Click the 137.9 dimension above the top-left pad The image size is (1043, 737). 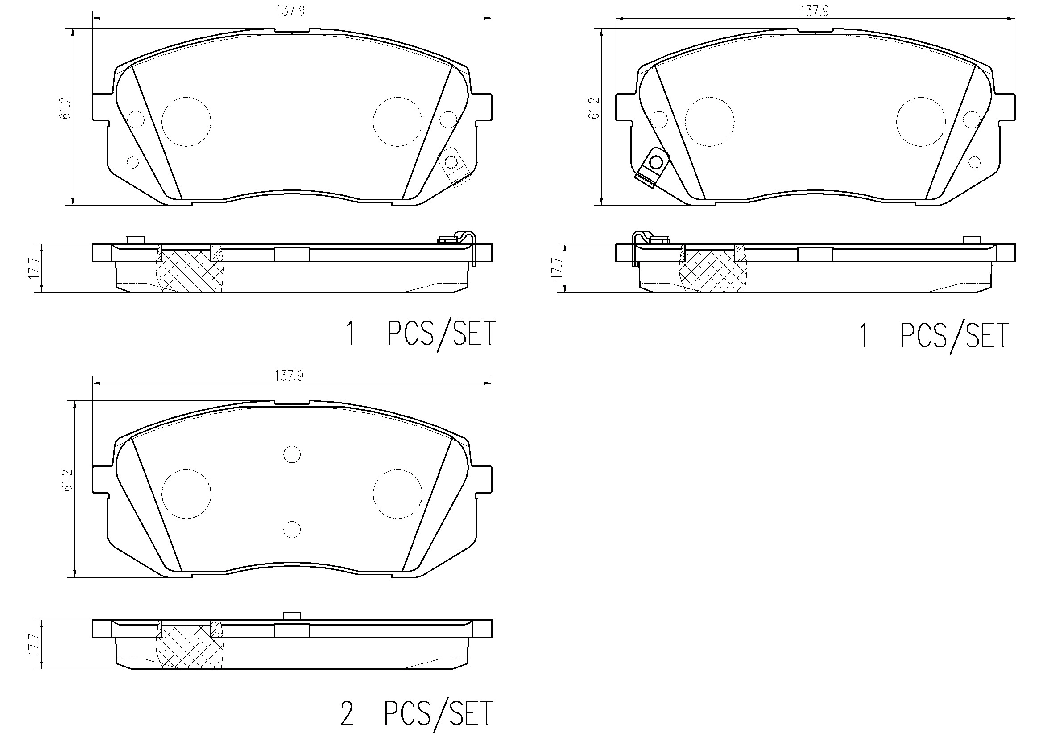click(x=291, y=11)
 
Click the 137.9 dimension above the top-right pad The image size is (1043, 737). click(x=814, y=11)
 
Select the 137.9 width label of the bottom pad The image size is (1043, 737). click(x=289, y=376)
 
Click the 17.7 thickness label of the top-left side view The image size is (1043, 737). click(x=34, y=269)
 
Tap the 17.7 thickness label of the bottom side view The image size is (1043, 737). click(x=34, y=644)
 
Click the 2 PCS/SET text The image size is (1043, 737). click(x=416, y=714)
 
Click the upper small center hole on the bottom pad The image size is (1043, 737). click(x=292, y=454)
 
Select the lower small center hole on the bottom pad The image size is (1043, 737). click(x=292, y=530)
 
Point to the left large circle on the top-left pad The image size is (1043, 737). click(x=186, y=122)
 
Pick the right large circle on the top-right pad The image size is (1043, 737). click(x=921, y=122)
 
